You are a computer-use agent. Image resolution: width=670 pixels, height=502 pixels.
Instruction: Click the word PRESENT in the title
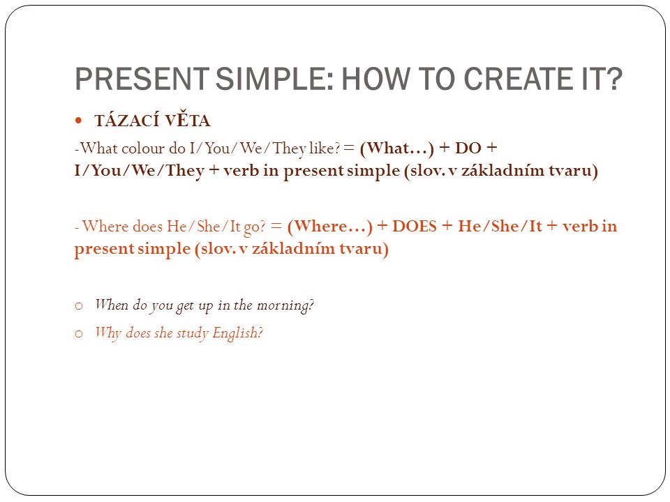142,79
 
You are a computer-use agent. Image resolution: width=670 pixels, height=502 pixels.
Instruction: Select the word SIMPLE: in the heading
274,79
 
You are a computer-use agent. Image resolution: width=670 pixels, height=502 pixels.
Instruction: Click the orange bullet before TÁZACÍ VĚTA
78,121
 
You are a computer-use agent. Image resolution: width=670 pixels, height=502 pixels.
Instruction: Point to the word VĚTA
188,121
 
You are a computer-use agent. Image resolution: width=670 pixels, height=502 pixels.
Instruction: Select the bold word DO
468,148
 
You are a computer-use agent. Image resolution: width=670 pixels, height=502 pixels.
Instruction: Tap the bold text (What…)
397,149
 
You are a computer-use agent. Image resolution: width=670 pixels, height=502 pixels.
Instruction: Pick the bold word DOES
415,226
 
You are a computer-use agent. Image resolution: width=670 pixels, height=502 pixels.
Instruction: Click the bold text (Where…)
330,227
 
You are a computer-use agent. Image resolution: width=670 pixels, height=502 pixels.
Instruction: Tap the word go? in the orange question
255,227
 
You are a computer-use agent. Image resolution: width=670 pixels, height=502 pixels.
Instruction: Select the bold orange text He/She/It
500,226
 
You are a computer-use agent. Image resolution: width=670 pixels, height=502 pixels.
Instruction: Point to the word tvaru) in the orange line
364,249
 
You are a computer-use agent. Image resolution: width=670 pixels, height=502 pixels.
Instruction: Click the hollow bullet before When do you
79,305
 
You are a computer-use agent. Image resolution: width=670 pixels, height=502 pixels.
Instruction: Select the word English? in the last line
237,333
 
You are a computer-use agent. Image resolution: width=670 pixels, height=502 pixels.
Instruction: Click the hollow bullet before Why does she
79,333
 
